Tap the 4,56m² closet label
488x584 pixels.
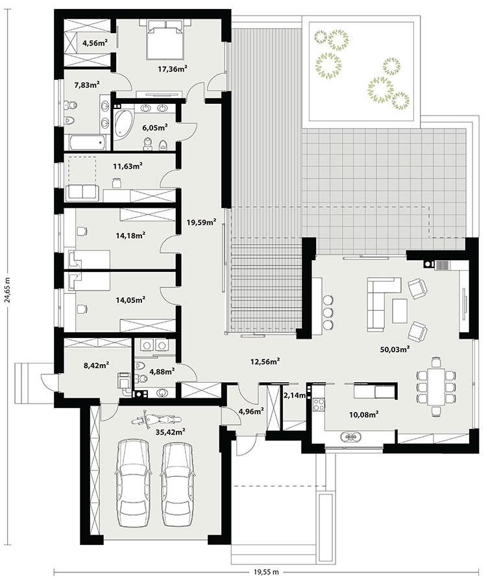(94, 43)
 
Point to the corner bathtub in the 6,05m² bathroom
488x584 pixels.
(123, 125)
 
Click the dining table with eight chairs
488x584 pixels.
(432, 387)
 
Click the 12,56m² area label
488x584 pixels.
(266, 361)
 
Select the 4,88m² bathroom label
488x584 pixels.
(162, 372)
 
